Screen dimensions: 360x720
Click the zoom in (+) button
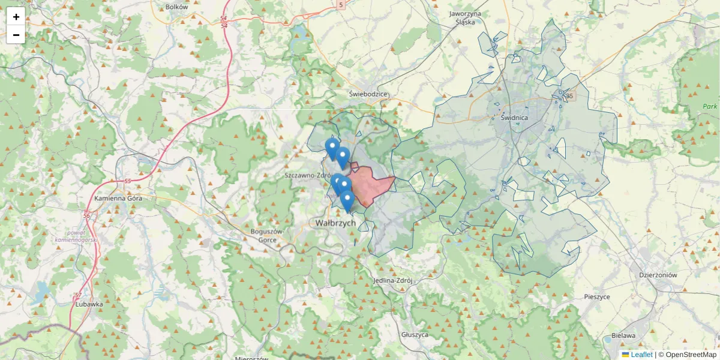coord(16,17)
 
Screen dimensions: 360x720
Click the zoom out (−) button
coord(16,35)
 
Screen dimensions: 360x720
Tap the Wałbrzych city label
coord(335,223)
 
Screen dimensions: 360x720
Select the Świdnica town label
coord(514,118)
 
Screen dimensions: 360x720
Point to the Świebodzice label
coord(368,94)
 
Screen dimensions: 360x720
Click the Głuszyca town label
coord(415,335)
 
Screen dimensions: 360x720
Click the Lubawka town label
coord(89,304)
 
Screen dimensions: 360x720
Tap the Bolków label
coord(176,7)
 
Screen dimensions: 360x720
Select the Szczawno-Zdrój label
coord(308,175)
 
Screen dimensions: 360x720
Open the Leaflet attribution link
coord(641,355)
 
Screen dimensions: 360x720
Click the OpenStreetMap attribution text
coord(688,355)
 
